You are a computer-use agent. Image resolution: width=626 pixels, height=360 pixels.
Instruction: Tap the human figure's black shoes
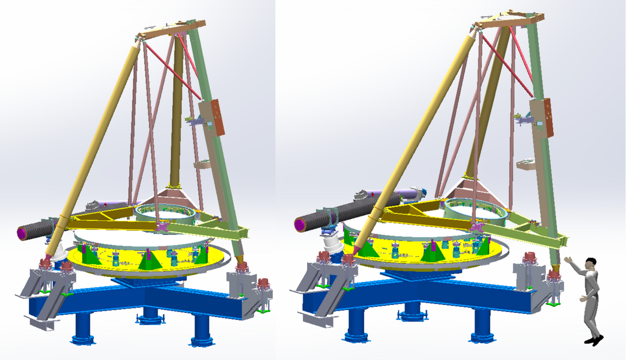(594, 339)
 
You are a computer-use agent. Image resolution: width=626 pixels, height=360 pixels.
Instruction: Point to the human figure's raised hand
(567, 259)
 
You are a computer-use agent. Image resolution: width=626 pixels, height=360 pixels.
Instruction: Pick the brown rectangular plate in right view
(548, 117)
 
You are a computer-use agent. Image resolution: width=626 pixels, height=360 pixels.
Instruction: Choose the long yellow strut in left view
(93, 147)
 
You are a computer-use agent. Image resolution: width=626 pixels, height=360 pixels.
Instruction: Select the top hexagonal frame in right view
(509, 19)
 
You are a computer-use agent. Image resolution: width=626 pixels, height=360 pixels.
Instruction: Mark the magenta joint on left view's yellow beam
(162, 227)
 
